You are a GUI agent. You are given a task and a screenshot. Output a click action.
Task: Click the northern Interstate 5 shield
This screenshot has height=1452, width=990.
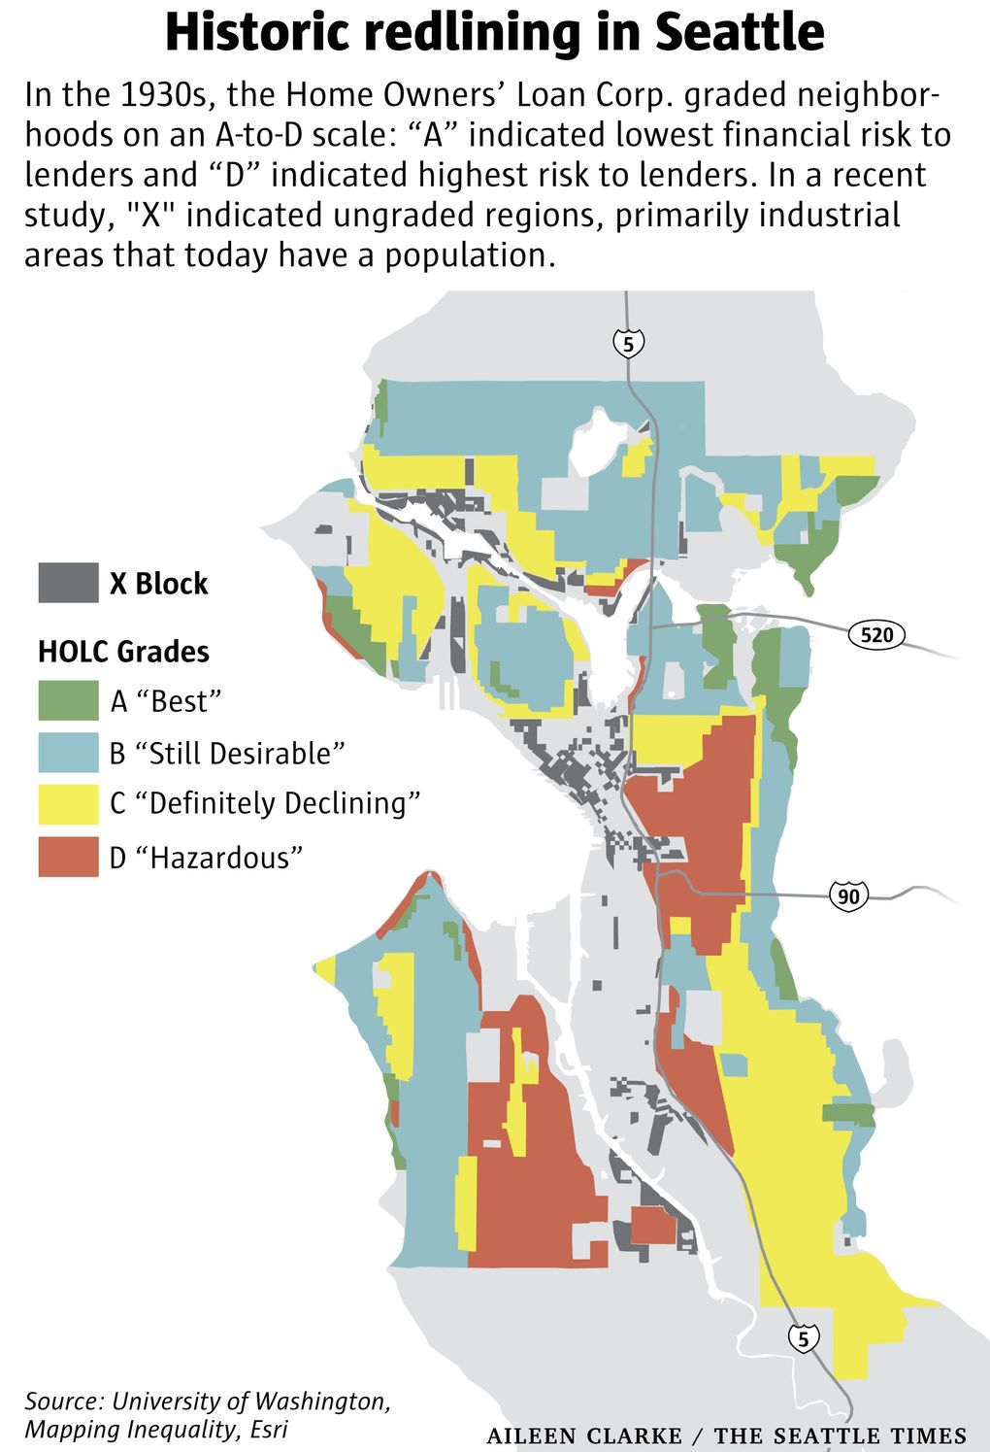pyautogui.click(x=628, y=343)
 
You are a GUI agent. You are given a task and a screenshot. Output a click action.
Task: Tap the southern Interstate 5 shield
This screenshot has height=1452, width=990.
pyautogui.click(x=803, y=1338)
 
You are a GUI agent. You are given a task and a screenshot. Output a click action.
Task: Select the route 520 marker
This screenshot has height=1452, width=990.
pyautogui.click(x=876, y=635)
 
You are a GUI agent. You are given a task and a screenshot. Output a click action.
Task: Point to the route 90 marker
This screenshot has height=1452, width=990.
pyautogui.click(x=848, y=895)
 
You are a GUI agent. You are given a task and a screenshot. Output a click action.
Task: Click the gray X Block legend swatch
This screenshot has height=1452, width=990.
pyautogui.click(x=68, y=583)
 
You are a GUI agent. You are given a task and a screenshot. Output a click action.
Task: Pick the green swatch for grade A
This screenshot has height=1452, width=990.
pyautogui.click(x=68, y=700)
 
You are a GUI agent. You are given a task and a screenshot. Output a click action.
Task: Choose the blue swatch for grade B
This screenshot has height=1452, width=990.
pyautogui.click(x=68, y=753)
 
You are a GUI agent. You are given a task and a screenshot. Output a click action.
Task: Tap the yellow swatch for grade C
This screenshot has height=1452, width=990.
pyautogui.click(x=68, y=804)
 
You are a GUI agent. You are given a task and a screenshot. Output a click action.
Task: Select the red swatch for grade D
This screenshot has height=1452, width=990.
pyautogui.click(x=68, y=858)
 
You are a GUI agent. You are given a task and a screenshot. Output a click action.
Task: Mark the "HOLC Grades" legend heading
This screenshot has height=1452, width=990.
pyautogui.click(x=123, y=651)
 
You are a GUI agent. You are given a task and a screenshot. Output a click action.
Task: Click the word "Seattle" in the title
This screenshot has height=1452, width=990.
pyautogui.click(x=739, y=32)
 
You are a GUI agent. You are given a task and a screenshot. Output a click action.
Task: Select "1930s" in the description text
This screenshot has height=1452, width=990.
pyautogui.click(x=169, y=95)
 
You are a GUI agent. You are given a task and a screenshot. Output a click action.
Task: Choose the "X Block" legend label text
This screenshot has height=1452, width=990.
pyautogui.click(x=158, y=584)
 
